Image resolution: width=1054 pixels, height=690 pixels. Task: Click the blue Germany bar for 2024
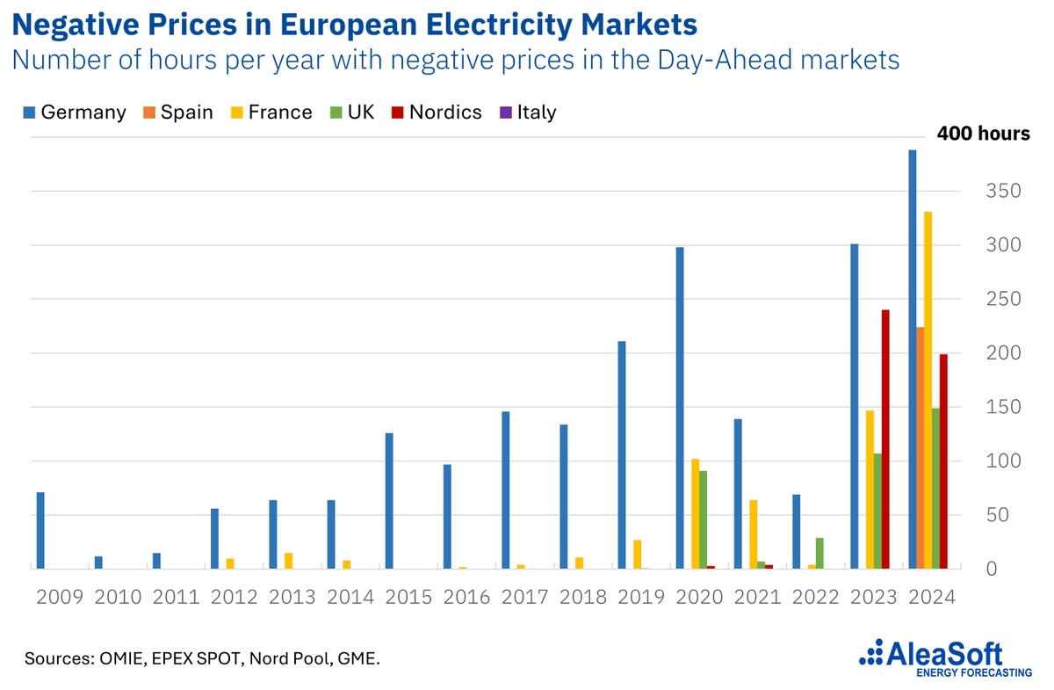(x=913, y=360)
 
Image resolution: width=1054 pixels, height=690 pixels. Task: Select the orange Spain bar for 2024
(x=920, y=448)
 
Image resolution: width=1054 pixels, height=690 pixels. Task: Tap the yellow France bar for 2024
(x=928, y=390)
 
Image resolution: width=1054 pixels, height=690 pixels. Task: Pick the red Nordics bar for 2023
(x=885, y=439)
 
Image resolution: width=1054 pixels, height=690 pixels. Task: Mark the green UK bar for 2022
(x=819, y=554)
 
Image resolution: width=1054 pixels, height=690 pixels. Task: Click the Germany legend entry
(x=74, y=113)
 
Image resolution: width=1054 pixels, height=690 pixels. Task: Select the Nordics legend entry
(x=439, y=113)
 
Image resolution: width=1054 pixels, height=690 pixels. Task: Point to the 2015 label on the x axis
(x=408, y=597)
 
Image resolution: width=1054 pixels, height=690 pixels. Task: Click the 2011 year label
(x=176, y=597)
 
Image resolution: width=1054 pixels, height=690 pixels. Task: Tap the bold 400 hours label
(x=983, y=134)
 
